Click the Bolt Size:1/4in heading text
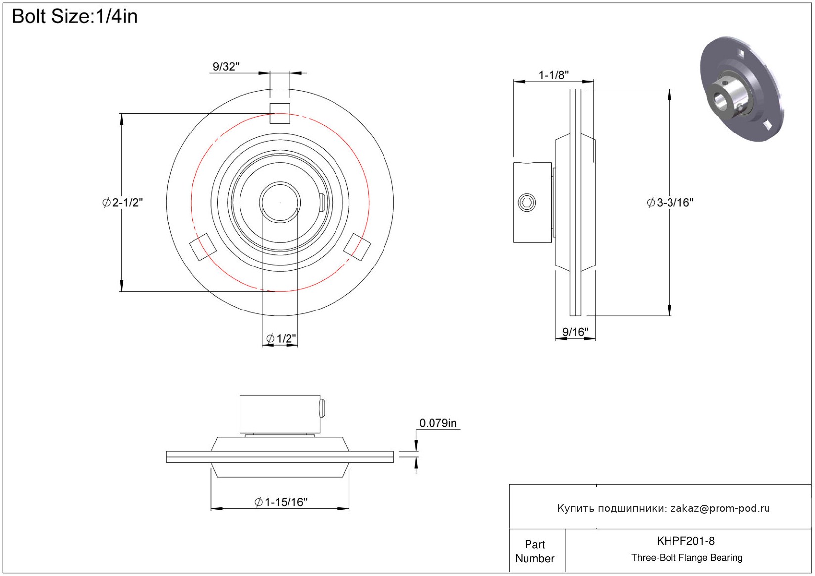click(x=74, y=16)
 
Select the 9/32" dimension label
click(x=226, y=67)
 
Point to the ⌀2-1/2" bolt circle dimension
click(x=123, y=202)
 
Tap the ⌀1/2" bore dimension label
click(x=281, y=339)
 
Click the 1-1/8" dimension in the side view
click(x=553, y=75)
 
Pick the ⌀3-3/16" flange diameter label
click(x=670, y=202)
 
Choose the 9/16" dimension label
click(x=575, y=332)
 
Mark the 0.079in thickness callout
click(x=437, y=423)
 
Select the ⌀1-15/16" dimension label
click(x=281, y=502)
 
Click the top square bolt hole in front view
click(x=280, y=113)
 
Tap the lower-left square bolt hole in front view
click(x=203, y=247)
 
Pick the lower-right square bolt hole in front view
click(x=357, y=247)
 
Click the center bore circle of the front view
click(x=280, y=202)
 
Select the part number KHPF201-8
click(x=685, y=541)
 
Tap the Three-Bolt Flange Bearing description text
click(x=687, y=558)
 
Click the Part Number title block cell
click(x=534, y=551)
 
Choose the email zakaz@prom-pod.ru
click(x=720, y=508)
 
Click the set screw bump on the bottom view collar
click(x=323, y=408)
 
